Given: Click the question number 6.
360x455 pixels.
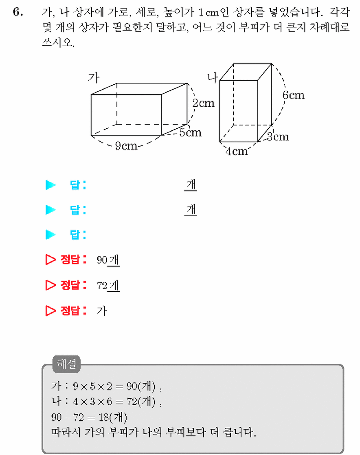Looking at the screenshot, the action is coord(18,12).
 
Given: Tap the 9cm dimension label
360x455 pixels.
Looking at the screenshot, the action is coord(126,146).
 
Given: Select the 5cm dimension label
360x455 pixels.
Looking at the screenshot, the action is coord(190,133).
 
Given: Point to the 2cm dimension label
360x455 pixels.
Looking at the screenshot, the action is coord(203,103).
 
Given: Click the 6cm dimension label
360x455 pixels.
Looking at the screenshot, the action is coord(294,95).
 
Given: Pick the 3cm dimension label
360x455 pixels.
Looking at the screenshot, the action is coord(278,137).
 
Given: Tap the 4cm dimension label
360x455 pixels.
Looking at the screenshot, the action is coord(237,151).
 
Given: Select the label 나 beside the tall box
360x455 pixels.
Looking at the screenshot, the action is coord(212,77).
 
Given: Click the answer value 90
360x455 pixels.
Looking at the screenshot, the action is coord(102,260).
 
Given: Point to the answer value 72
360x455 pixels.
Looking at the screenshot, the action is coord(102,286).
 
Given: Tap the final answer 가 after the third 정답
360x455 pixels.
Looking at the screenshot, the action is coord(102,311).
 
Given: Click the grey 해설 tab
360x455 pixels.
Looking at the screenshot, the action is coord(66,364).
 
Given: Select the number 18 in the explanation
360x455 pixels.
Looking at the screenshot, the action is coord(103,417).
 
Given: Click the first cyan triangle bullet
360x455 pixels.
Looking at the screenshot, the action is coord(50,185).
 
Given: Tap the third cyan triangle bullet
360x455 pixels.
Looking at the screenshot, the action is coord(50,235).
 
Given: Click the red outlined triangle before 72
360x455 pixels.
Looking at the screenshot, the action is coord(50,285).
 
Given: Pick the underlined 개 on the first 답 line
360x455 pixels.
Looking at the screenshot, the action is coord(191,185).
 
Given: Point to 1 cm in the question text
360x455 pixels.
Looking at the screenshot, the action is coord(209,13).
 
